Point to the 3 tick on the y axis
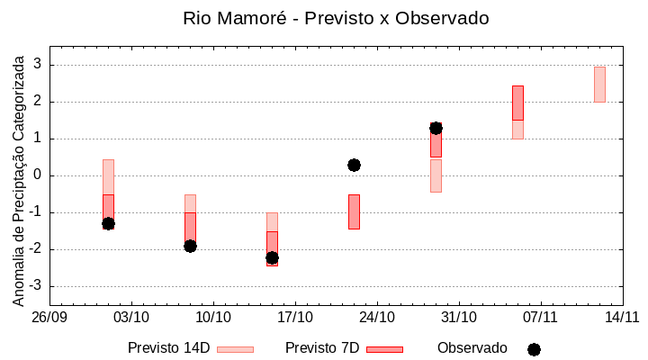(x=38, y=65)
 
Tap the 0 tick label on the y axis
(x=38, y=175)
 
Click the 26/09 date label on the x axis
(x=49, y=317)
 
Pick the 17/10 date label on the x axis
(x=295, y=317)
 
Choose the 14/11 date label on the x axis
(x=622, y=317)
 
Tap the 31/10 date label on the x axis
(x=459, y=317)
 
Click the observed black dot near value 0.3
(x=354, y=165)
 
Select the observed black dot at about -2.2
(x=272, y=257)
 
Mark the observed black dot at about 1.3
(x=436, y=128)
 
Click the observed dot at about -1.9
(x=190, y=246)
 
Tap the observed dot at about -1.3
(x=108, y=223)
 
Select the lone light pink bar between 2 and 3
(x=599, y=84)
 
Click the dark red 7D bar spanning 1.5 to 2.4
(x=517, y=103)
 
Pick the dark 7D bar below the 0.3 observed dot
(x=354, y=211)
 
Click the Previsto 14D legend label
(x=168, y=348)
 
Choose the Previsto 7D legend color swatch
(x=384, y=348)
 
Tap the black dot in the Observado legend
(x=534, y=349)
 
